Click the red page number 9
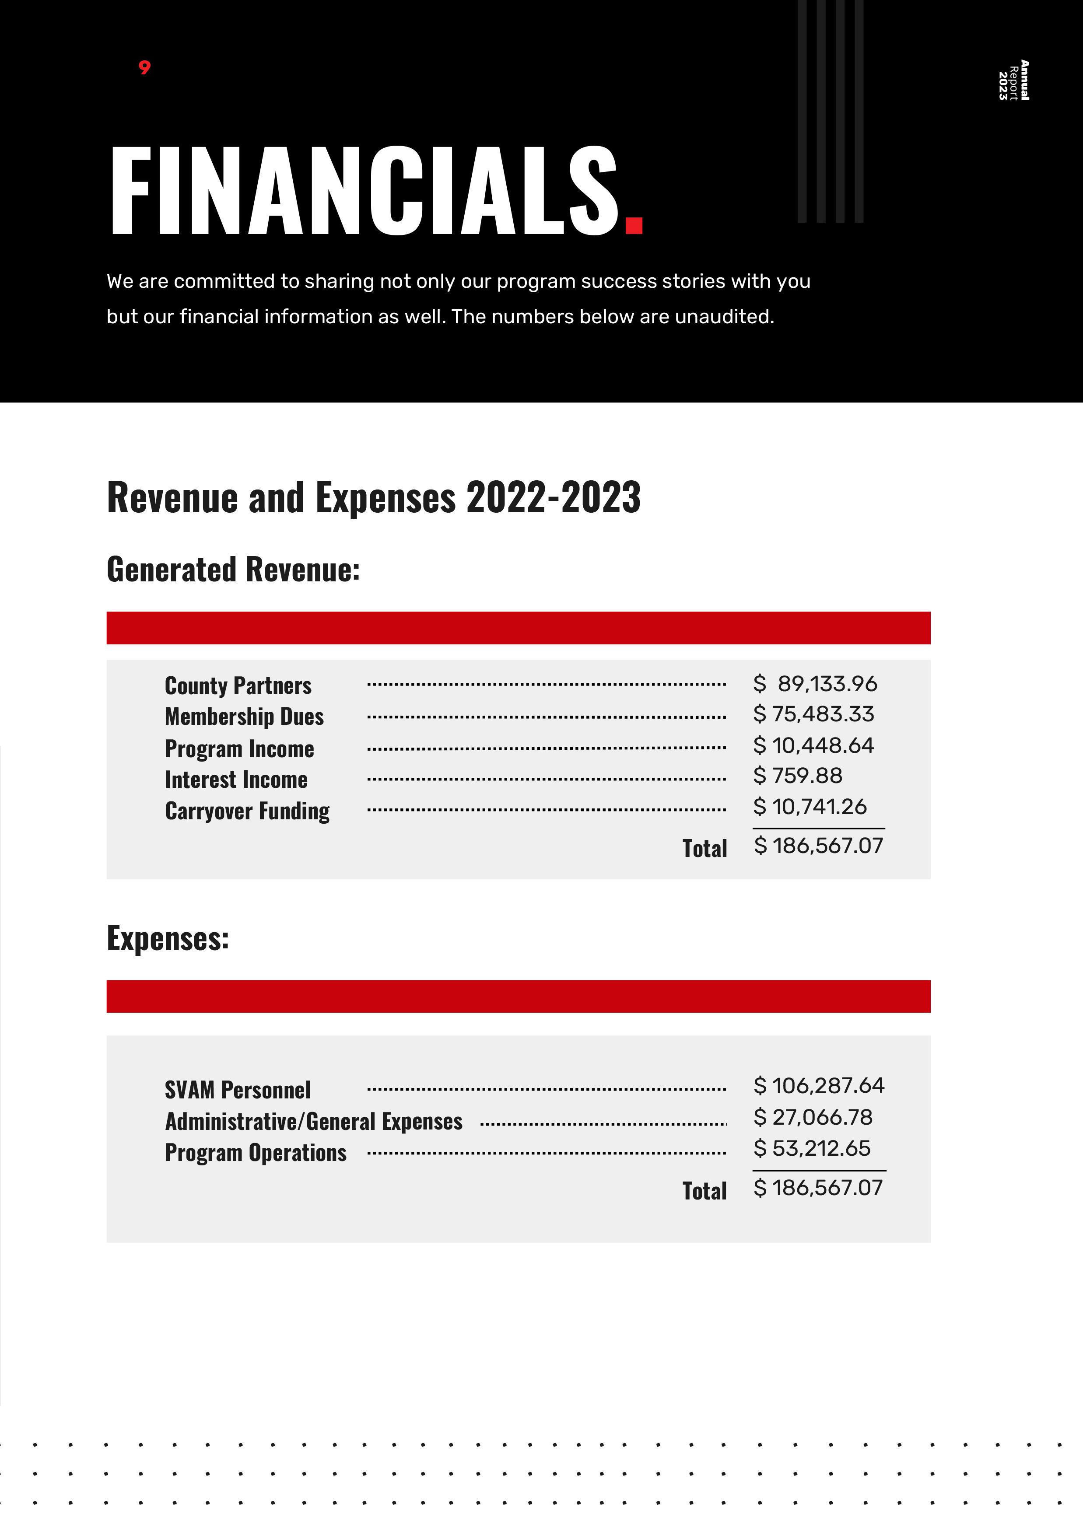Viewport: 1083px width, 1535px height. click(x=144, y=67)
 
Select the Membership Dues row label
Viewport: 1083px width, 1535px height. click(x=244, y=717)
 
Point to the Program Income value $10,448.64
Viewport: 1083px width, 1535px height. click(x=813, y=745)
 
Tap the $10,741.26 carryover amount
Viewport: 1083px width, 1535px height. click(x=810, y=807)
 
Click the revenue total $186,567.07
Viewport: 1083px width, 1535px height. click(x=818, y=846)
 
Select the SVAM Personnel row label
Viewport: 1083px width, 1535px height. click(x=238, y=1091)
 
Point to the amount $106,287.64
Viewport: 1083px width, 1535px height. click(x=819, y=1086)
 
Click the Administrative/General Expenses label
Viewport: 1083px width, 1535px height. click(x=314, y=1121)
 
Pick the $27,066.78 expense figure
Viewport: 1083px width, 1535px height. click(x=813, y=1117)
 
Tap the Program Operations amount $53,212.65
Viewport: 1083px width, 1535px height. click(x=812, y=1149)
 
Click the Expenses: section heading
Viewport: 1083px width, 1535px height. click(x=168, y=938)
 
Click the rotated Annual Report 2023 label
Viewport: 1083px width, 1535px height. click(x=1013, y=80)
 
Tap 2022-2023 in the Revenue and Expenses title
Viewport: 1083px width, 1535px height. click(x=553, y=498)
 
